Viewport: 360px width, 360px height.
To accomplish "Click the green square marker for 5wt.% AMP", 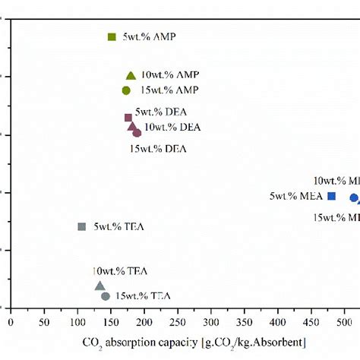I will pos(112,36).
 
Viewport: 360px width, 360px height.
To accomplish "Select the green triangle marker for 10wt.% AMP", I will pos(131,75).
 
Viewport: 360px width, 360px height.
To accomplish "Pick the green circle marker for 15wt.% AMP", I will pos(126,90).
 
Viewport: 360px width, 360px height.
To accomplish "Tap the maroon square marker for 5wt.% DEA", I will pos(128,117).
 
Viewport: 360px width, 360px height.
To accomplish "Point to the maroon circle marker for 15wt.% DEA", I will pos(137,133).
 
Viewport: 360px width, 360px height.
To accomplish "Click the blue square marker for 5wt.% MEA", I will pos(331,196).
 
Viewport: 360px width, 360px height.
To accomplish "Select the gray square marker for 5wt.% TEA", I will pos(82,226).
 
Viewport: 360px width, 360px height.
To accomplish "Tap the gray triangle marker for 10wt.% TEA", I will pos(99,286).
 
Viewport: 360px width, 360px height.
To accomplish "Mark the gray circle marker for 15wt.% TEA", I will pos(106,296).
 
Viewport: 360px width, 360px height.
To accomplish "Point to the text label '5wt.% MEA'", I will pos(296,197).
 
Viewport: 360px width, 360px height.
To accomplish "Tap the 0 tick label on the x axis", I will pos(11,322).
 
